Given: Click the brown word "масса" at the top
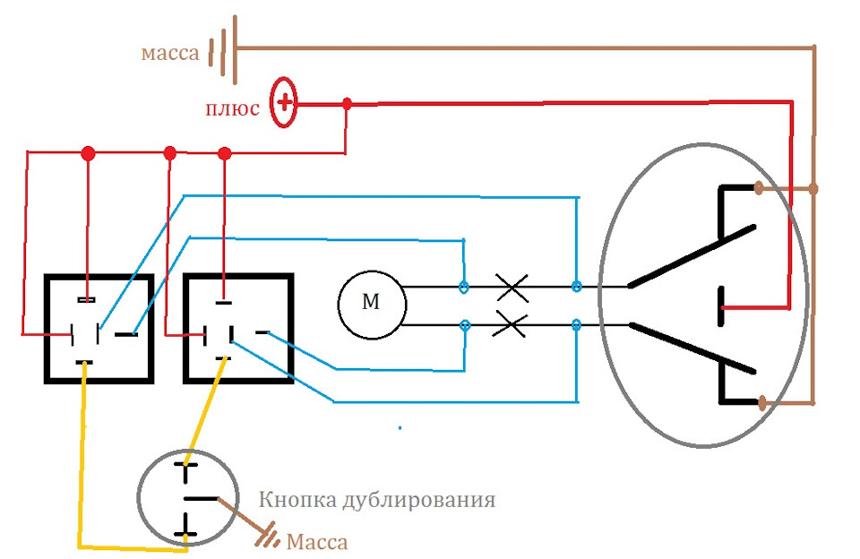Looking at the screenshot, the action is (170, 53).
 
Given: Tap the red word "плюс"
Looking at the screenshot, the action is (232, 108).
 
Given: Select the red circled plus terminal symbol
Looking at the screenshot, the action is (284, 103).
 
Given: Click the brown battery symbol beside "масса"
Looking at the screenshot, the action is (223, 49).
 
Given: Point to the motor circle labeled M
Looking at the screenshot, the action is (372, 305).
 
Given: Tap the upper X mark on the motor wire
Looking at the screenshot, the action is (512, 288).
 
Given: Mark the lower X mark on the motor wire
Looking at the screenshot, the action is (510, 324).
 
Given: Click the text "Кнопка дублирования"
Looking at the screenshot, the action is (377, 500).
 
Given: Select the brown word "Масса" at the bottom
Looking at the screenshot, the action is (317, 542).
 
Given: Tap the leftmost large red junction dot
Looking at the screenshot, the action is (88, 153).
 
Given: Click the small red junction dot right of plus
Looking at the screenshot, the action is (347, 103).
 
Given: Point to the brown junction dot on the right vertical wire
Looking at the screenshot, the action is (813, 189).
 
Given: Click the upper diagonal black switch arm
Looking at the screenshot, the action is (692, 256).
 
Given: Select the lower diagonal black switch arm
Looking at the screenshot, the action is (692, 348).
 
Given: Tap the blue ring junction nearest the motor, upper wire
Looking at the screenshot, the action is (463, 287).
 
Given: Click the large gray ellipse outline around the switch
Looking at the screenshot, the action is (599, 297).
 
